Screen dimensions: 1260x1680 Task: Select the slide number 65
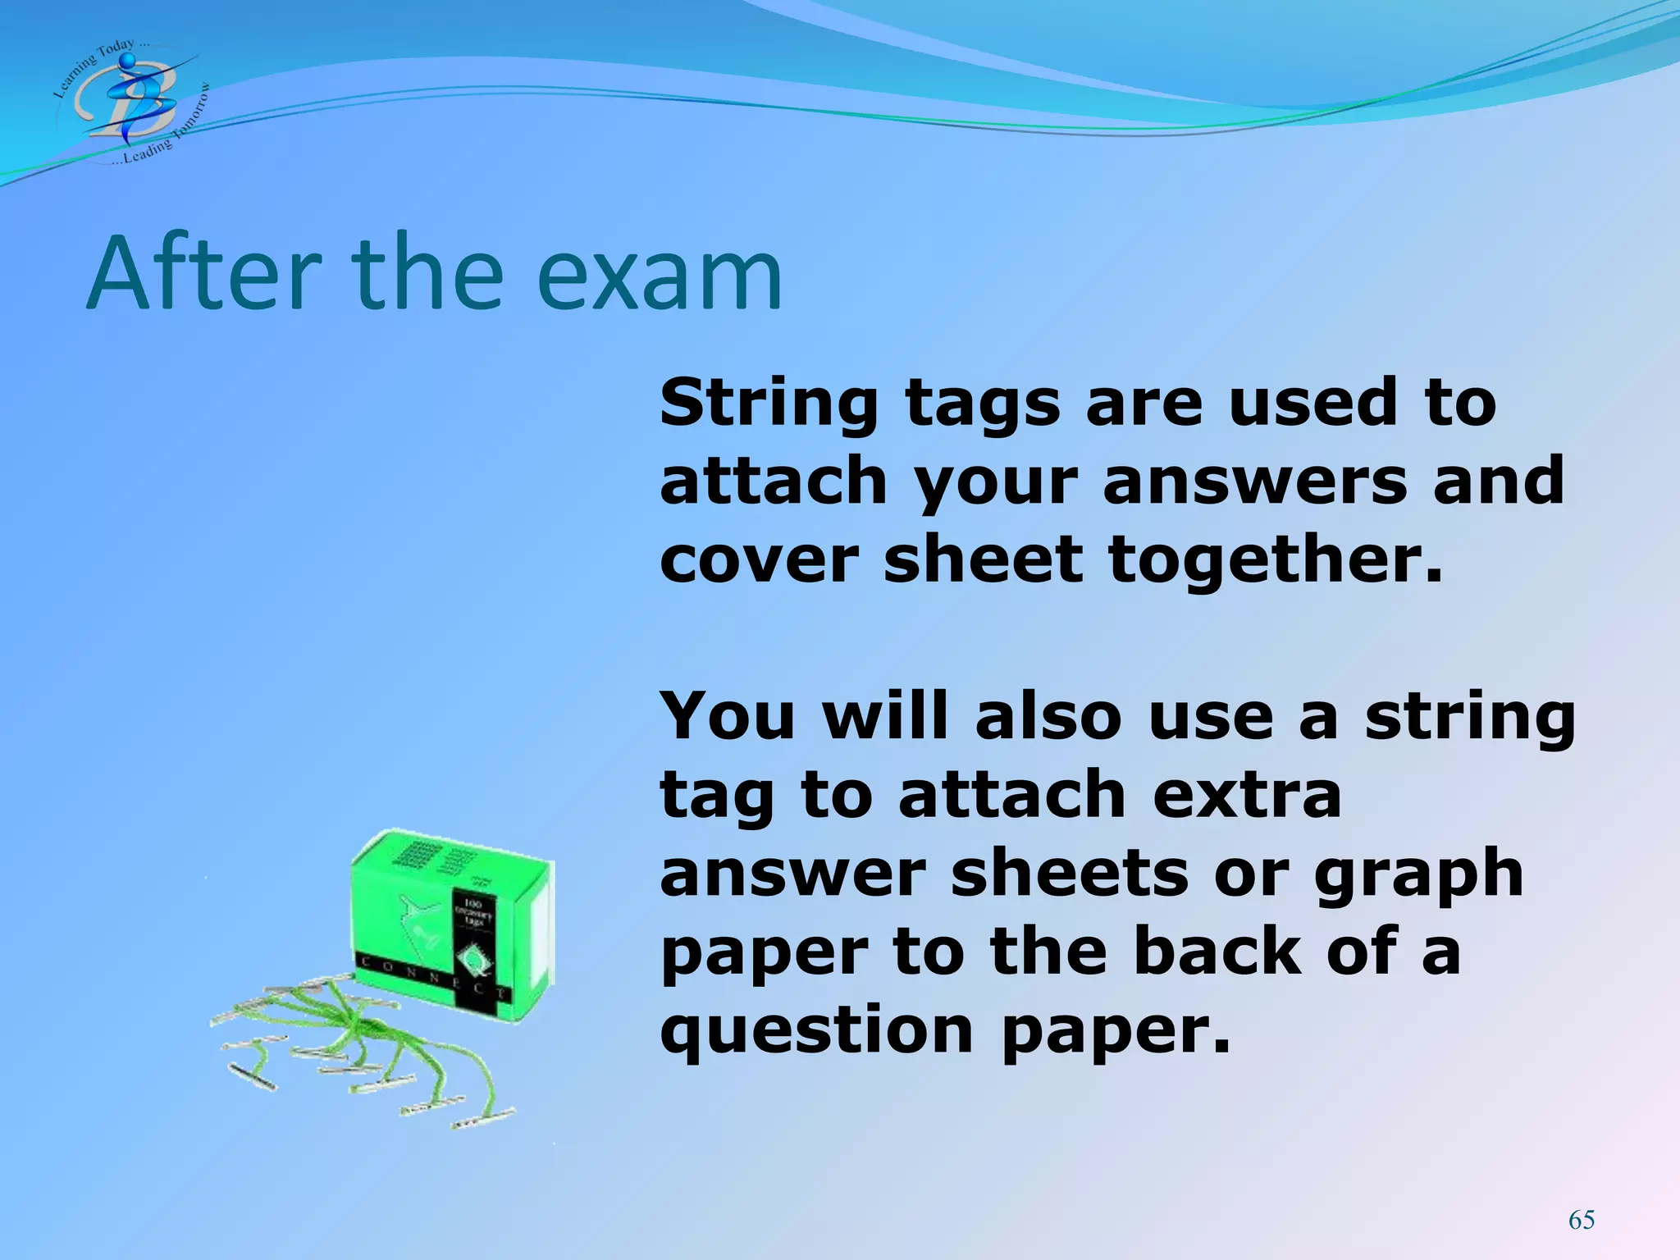point(1581,1220)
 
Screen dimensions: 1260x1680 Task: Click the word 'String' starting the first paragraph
point(768,404)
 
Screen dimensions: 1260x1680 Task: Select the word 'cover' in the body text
point(759,560)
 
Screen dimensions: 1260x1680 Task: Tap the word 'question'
point(816,1031)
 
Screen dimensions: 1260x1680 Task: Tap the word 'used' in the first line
point(1312,403)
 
